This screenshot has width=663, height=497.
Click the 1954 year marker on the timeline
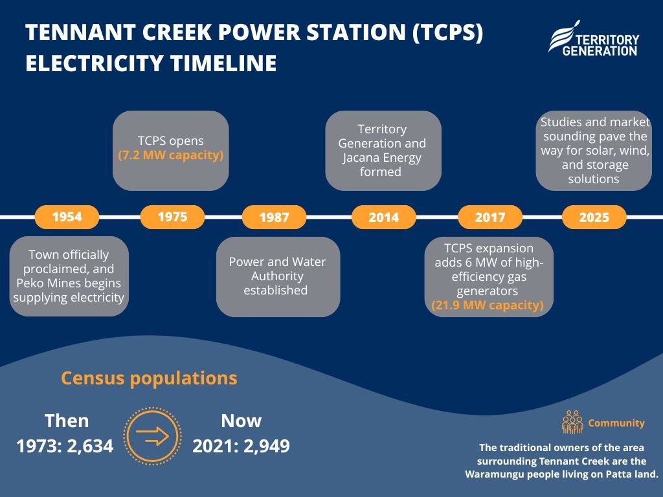pyautogui.click(x=67, y=217)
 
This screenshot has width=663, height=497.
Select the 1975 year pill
pyautogui.click(x=172, y=217)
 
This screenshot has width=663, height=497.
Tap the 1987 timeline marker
pyautogui.click(x=274, y=217)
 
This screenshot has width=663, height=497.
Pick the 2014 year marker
pyautogui.click(x=383, y=217)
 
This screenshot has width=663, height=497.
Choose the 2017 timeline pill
pyautogui.click(x=490, y=217)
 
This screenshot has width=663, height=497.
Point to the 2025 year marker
pyautogui.click(x=594, y=217)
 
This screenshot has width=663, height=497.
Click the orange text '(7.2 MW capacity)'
pyautogui.click(x=171, y=155)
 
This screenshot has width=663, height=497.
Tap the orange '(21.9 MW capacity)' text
pyautogui.click(x=488, y=305)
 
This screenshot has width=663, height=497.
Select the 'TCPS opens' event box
pyautogui.click(x=171, y=150)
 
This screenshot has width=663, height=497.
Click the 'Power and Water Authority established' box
pyautogui.click(x=278, y=276)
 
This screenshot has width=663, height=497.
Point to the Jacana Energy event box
pyautogui.click(x=383, y=150)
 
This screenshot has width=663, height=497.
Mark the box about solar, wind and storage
pyautogui.click(x=594, y=150)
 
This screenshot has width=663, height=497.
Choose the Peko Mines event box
pyautogui.click(x=69, y=276)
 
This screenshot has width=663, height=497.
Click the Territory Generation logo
pyautogui.click(x=594, y=39)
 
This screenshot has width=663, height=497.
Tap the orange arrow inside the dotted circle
pyautogui.click(x=152, y=436)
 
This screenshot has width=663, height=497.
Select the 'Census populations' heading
pyautogui.click(x=150, y=378)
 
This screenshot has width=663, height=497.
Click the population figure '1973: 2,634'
pyautogui.click(x=65, y=446)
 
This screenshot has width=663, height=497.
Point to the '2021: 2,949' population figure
pyautogui.click(x=241, y=446)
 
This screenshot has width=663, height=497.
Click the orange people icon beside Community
pyautogui.click(x=572, y=422)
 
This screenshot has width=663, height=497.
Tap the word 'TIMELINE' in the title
pyautogui.click(x=223, y=63)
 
